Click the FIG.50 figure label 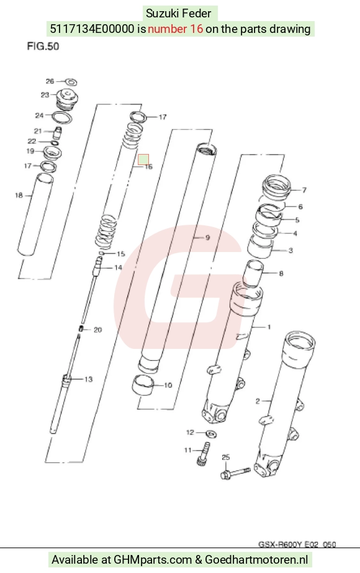pyautogui.click(x=43, y=47)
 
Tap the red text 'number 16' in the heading pyautogui.click(x=175, y=29)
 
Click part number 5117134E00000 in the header pyautogui.click(x=92, y=29)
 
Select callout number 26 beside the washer pyautogui.click(x=50, y=81)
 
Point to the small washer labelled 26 pyautogui.click(x=71, y=82)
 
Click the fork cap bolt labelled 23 pyautogui.click(x=68, y=99)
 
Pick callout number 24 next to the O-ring pyautogui.click(x=39, y=115)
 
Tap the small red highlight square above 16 pyautogui.click(x=143, y=160)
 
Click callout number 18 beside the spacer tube pyautogui.click(x=19, y=196)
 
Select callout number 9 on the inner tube pyautogui.click(x=207, y=238)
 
